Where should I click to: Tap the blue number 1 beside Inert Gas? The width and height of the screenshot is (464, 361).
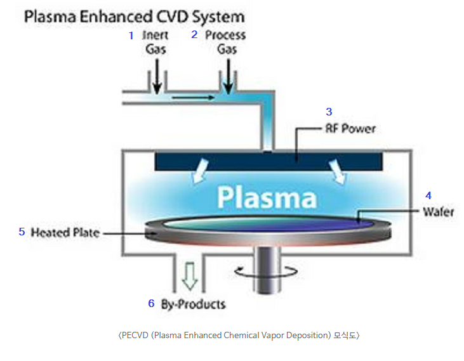click(131, 36)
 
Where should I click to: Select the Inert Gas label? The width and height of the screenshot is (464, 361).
click(155, 42)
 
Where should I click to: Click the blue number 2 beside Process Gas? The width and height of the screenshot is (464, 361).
click(195, 35)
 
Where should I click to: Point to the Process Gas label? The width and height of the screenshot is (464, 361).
click(225, 42)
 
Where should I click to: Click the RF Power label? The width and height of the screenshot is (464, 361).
click(350, 129)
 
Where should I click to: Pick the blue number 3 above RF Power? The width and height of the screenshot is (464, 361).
click(329, 112)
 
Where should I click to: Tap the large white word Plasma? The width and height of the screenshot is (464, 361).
click(266, 198)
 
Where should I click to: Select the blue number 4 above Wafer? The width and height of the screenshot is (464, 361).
click(428, 195)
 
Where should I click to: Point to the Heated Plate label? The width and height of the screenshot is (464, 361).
click(65, 233)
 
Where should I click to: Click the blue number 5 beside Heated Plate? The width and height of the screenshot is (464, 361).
click(22, 232)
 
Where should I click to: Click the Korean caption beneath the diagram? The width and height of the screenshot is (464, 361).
click(239, 335)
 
